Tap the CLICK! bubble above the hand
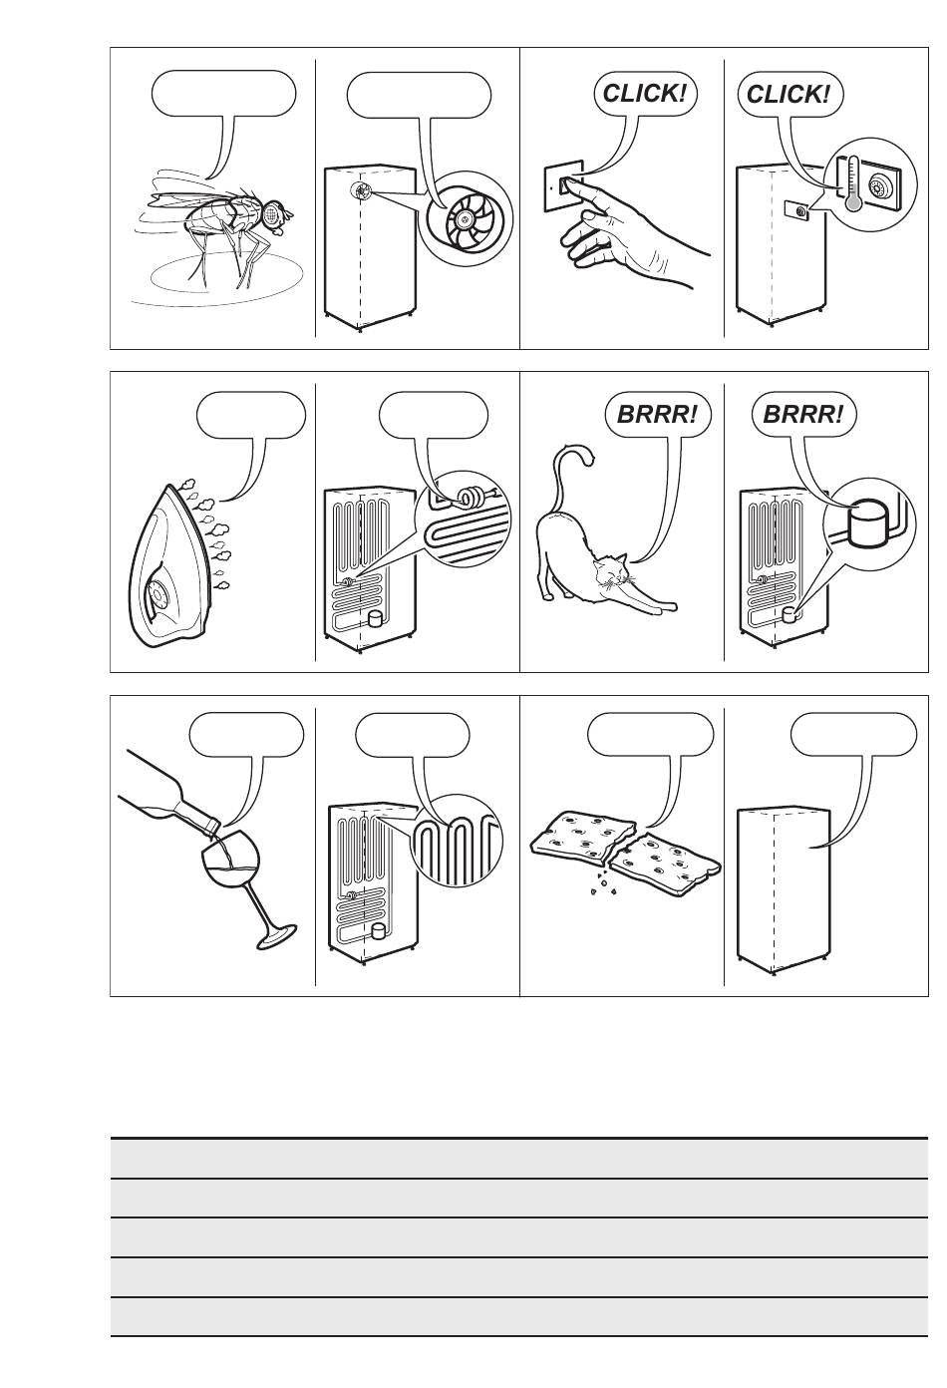tap(645, 94)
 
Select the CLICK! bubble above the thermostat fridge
tap(789, 94)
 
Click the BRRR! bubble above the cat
tap(658, 414)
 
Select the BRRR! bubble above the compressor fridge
tap(803, 414)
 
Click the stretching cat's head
tap(610, 572)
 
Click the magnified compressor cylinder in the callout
tap(866, 522)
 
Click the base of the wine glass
tap(277, 935)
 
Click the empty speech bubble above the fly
tap(223, 94)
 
